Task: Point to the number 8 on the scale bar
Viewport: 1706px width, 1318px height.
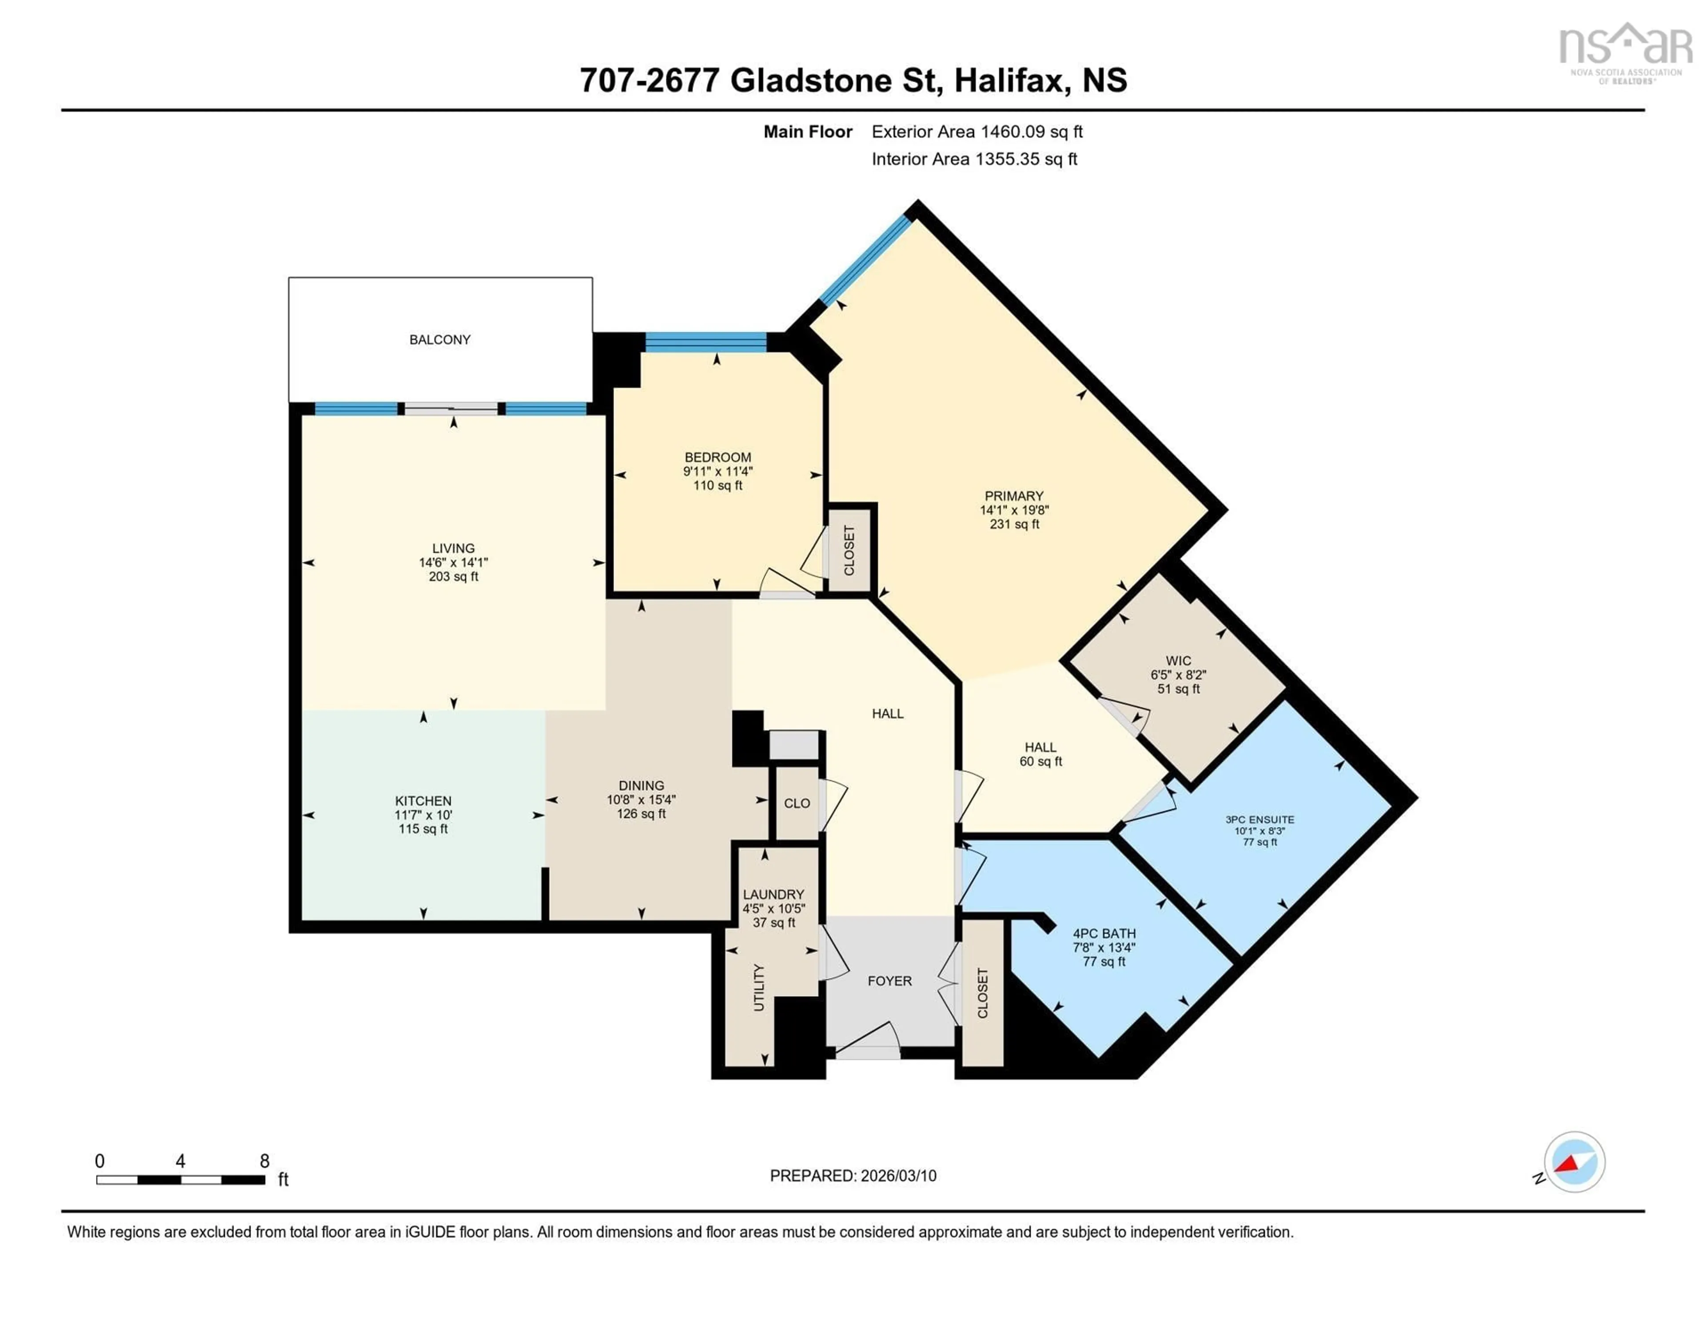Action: coord(265,1161)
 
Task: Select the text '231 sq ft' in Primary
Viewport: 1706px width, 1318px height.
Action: coord(1014,524)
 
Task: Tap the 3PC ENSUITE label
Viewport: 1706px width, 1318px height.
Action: coord(1259,820)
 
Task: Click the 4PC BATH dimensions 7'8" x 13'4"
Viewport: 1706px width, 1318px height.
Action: coord(1104,948)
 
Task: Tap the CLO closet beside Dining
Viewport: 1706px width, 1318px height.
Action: coord(797,803)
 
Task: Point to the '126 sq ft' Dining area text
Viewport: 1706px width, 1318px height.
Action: coord(642,813)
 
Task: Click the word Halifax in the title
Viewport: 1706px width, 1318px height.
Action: coord(1011,80)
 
